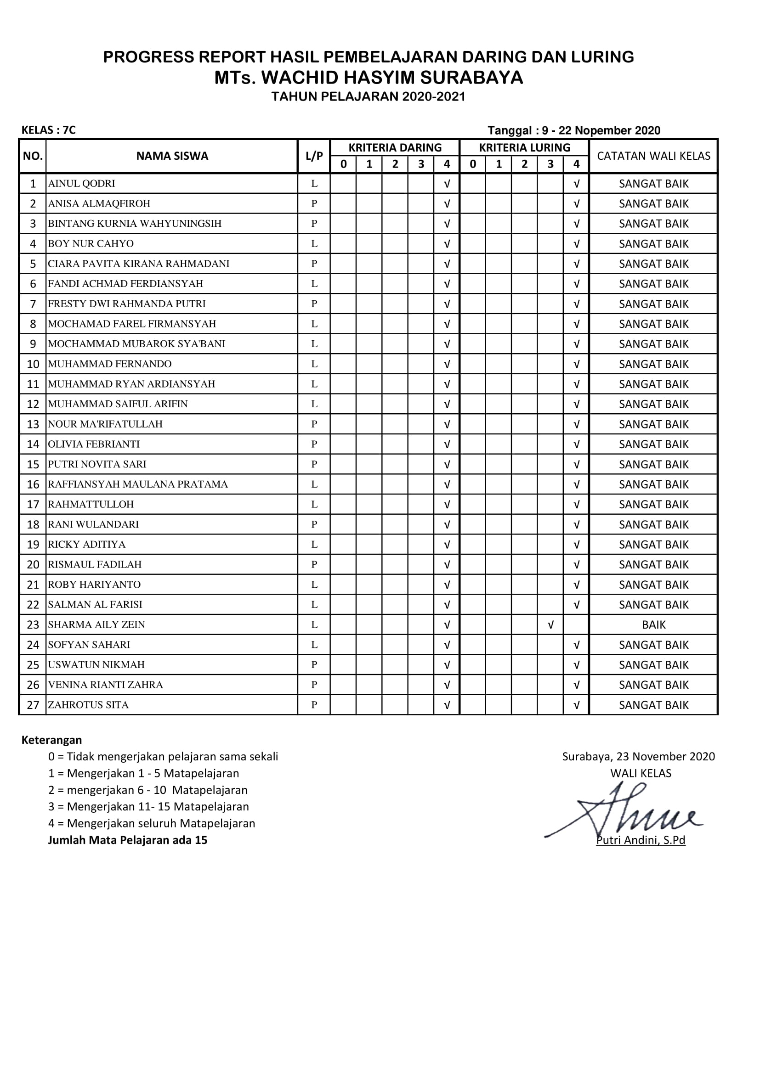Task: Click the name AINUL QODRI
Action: point(81,183)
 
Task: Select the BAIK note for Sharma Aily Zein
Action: point(653,624)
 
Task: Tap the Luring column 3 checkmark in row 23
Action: point(550,624)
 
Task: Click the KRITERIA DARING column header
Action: point(395,148)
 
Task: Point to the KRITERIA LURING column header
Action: point(524,148)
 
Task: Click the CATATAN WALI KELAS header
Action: point(653,156)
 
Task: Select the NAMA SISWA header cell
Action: point(172,156)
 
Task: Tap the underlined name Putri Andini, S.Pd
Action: point(640,840)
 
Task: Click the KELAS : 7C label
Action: point(49,130)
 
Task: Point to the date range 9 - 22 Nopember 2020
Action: point(601,130)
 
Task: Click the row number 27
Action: point(33,705)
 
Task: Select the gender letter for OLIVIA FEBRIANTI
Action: point(314,444)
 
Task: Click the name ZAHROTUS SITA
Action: point(88,705)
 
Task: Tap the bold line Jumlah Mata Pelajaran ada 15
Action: point(127,840)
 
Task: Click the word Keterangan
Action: point(51,740)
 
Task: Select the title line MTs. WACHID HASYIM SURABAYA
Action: point(369,78)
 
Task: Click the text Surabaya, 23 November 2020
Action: point(638,756)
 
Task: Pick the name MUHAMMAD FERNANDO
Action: point(109,364)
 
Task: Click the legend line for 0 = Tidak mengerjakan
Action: point(163,756)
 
